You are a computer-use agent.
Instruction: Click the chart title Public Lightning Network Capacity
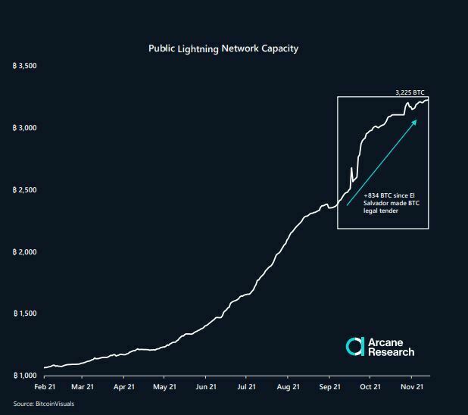(x=223, y=48)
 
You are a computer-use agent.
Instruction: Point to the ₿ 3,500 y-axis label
(x=26, y=67)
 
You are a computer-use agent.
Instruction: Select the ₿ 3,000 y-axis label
(x=26, y=128)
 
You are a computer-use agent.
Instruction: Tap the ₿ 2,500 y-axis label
(x=26, y=190)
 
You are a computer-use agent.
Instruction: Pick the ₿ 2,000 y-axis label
(x=26, y=252)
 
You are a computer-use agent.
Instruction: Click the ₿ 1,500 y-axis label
(x=26, y=314)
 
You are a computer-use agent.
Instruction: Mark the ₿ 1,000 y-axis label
(x=26, y=376)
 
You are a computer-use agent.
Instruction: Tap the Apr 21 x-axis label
(x=123, y=386)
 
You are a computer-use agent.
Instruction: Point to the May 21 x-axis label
(x=164, y=386)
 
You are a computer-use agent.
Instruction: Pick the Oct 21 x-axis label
(x=370, y=386)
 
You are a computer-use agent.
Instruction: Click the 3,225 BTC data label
(x=410, y=92)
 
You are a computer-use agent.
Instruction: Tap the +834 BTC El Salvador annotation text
(x=386, y=202)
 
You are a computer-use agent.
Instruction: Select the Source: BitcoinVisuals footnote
(x=44, y=404)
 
